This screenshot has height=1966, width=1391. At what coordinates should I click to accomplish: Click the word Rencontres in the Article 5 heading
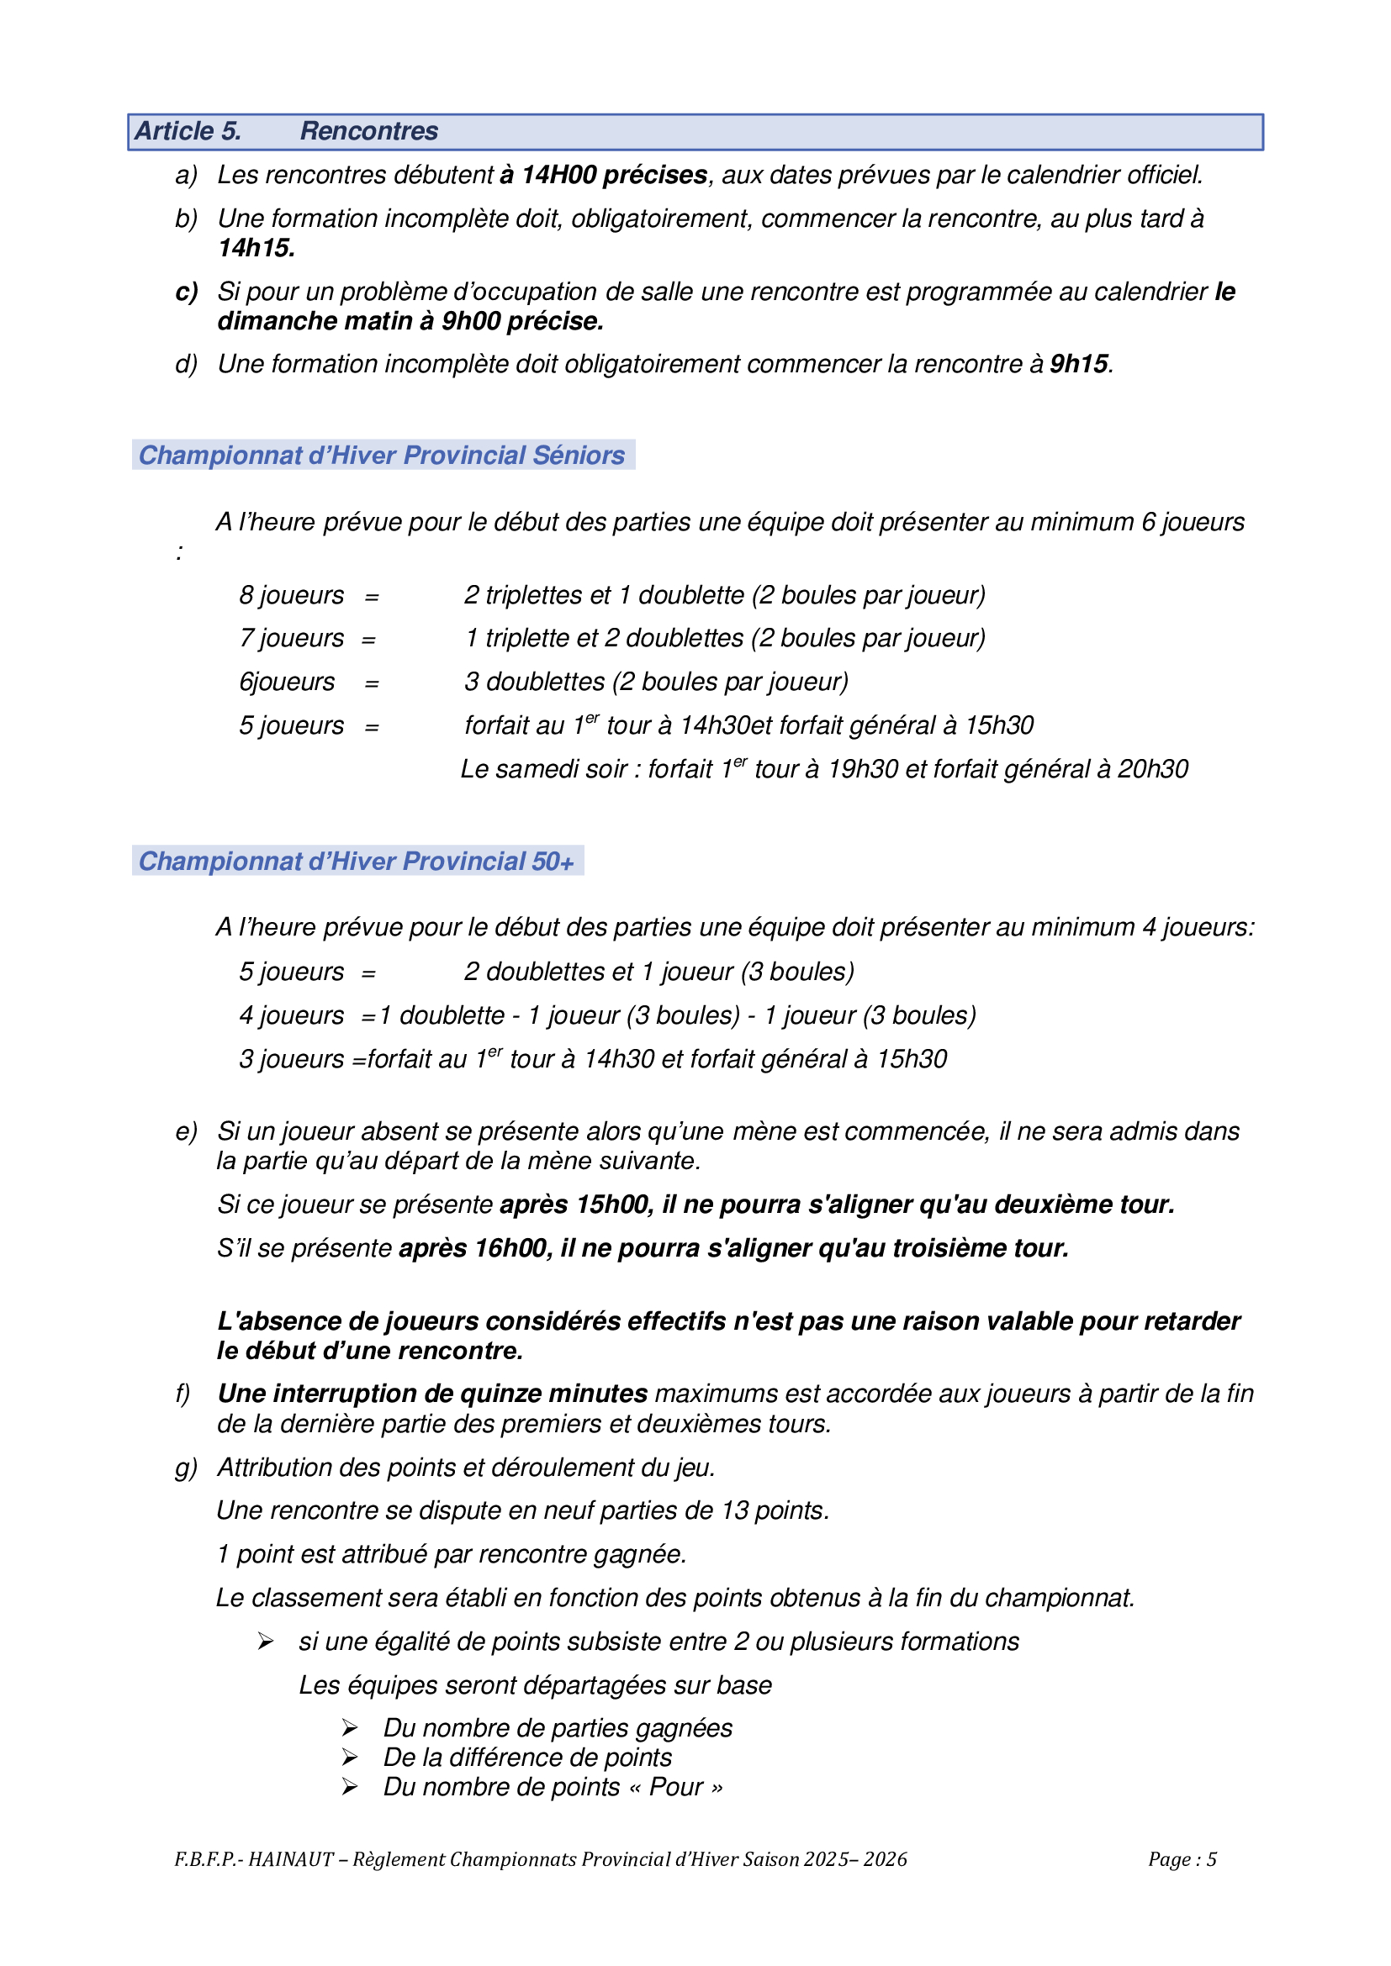pos(368,131)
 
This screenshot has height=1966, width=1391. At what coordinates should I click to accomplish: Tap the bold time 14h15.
pos(257,248)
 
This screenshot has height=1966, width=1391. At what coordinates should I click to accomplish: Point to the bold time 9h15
pos(1079,364)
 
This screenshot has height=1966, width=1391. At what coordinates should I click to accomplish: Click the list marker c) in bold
pos(186,292)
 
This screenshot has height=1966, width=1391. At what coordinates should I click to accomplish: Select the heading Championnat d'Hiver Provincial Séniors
pos(382,455)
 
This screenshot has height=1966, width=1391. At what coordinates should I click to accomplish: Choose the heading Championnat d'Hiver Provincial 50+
pos(357,861)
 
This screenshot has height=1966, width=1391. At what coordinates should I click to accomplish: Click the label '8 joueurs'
pos(291,595)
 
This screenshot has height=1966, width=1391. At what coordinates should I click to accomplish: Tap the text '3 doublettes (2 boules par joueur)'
pos(656,682)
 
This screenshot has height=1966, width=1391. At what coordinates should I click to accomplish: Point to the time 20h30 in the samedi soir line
pos(1153,769)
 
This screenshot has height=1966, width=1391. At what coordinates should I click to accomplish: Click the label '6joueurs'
pos(287,682)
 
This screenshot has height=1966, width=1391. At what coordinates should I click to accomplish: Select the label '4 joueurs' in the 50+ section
pos(291,1015)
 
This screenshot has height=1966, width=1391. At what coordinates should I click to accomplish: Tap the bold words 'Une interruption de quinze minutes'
pos(432,1394)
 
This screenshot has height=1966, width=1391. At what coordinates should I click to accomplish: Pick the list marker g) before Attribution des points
pos(186,1468)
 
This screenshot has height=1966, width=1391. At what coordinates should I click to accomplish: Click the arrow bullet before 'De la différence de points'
pos(350,1757)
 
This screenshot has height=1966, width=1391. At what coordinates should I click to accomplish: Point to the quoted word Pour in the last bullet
pos(676,1787)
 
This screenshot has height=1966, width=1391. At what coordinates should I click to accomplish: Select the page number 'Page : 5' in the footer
pos(1182,1859)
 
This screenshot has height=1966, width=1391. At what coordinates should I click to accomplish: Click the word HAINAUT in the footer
pos(290,1859)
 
